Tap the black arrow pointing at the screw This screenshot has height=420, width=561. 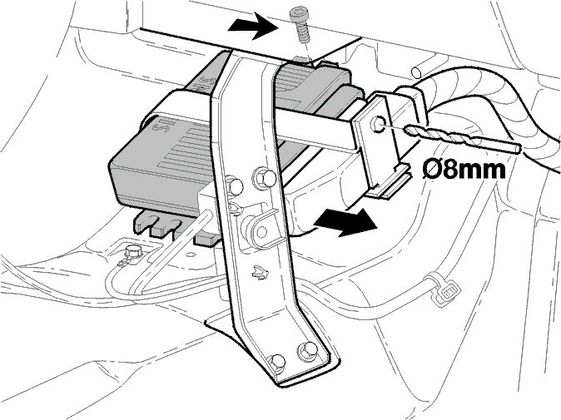click(x=255, y=26)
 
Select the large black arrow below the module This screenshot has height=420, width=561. click(x=345, y=223)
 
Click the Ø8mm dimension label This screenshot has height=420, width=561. click(x=464, y=169)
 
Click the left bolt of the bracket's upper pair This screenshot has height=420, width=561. click(x=235, y=186)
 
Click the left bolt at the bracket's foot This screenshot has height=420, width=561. click(x=277, y=362)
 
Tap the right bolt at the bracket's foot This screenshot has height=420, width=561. click(x=308, y=350)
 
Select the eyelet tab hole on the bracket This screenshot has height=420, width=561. click(x=261, y=232)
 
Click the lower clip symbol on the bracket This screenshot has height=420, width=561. click(x=260, y=272)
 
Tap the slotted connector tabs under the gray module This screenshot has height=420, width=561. click(x=157, y=225)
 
